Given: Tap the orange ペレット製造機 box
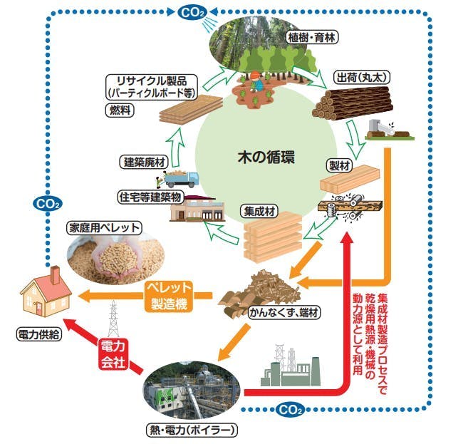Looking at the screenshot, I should [169, 294].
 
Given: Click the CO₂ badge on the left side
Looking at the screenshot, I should [47, 204].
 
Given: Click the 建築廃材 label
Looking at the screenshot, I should [144, 162].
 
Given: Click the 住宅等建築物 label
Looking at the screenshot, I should [149, 195].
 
